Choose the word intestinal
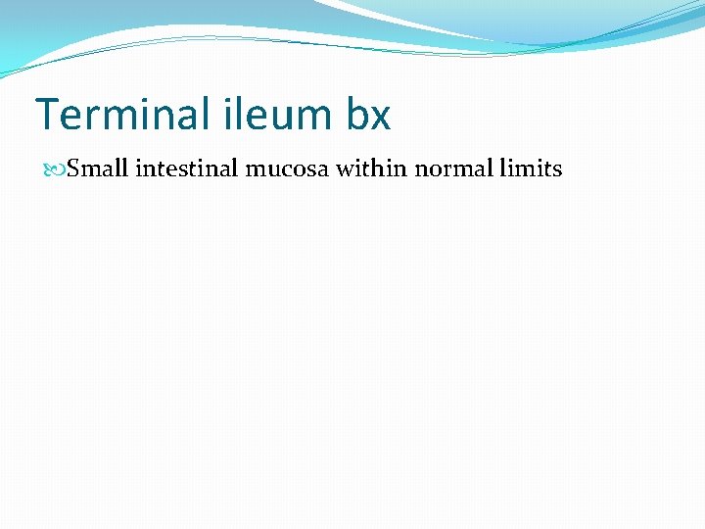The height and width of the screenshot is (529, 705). [186, 168]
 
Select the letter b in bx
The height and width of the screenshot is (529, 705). [356, 115]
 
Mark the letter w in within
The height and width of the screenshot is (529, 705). [346, 170]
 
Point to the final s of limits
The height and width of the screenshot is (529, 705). [557, 170]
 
